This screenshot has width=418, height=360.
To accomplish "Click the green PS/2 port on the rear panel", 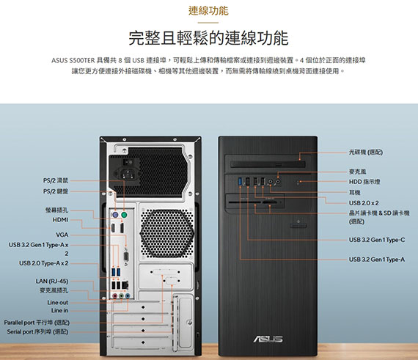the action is (124, 215).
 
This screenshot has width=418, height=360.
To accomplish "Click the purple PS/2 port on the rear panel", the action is (115, 215).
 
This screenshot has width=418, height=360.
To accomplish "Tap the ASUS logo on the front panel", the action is (268, 339).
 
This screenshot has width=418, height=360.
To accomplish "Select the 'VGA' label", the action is (62, 235).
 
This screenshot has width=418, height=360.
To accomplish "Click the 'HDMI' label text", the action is (61, 220).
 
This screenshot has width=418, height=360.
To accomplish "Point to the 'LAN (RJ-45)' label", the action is (52, 281).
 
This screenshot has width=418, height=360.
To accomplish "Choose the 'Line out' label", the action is (58, 302).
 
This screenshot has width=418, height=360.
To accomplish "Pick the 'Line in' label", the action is (59, 310).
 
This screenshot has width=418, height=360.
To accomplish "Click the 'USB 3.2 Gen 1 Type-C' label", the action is (377, 240).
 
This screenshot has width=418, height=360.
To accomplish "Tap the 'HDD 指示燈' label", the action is (364, 182).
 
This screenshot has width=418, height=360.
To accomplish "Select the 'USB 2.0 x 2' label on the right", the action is (364, 203).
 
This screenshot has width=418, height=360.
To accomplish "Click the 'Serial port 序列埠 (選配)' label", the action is (37, 331).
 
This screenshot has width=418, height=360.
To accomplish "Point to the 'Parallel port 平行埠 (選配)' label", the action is (37, 323).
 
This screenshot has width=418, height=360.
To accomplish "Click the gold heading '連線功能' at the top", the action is (208, 11).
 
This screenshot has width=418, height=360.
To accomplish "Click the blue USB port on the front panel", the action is (241, 181).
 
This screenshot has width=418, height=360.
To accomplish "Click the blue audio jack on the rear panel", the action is (128, 295).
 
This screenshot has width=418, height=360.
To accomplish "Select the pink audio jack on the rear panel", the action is (115, 295).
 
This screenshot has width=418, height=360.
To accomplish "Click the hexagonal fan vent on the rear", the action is (166, 233).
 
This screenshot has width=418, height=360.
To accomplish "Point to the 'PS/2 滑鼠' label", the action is (56, 180).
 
